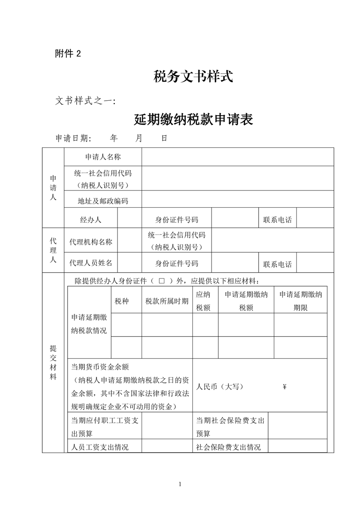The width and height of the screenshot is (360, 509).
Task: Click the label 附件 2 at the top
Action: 68,54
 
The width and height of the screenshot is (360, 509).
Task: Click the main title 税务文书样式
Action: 193,76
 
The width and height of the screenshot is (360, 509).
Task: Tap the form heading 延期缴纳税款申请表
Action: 193,119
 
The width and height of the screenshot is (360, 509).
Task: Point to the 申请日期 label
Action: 73,138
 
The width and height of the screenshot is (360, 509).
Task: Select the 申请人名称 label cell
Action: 103,157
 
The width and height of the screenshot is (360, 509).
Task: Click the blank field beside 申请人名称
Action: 237,157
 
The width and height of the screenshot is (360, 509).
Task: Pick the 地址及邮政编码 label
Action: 103,201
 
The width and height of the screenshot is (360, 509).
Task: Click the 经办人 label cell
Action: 91,220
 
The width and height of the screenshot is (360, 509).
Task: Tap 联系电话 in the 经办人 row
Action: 277,220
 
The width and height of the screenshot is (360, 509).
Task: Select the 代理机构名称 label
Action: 91,242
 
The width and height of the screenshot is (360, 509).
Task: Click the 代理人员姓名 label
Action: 91,264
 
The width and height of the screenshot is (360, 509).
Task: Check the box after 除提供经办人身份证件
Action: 162,281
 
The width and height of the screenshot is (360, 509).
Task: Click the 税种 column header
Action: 122,301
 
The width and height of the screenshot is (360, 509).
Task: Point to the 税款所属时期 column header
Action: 167,301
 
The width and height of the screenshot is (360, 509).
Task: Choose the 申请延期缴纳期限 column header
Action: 301,301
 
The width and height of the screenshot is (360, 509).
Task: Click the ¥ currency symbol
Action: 285,387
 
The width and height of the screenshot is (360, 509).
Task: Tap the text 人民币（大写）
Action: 220,387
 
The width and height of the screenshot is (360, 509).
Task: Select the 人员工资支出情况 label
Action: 100,447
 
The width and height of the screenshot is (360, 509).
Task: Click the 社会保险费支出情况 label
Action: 228,447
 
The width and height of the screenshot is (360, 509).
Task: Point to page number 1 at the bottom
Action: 180,485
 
